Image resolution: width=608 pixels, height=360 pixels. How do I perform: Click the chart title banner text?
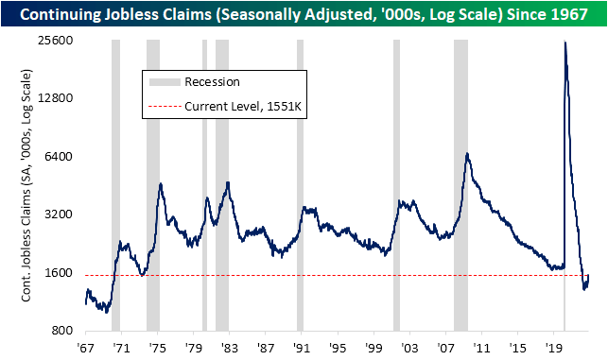304,14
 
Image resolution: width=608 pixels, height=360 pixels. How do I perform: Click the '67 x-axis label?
86,347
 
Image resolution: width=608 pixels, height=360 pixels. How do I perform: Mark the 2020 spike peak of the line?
565,43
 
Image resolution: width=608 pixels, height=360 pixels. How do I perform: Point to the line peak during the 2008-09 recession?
467,153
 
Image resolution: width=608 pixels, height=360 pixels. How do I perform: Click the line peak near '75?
161,184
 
